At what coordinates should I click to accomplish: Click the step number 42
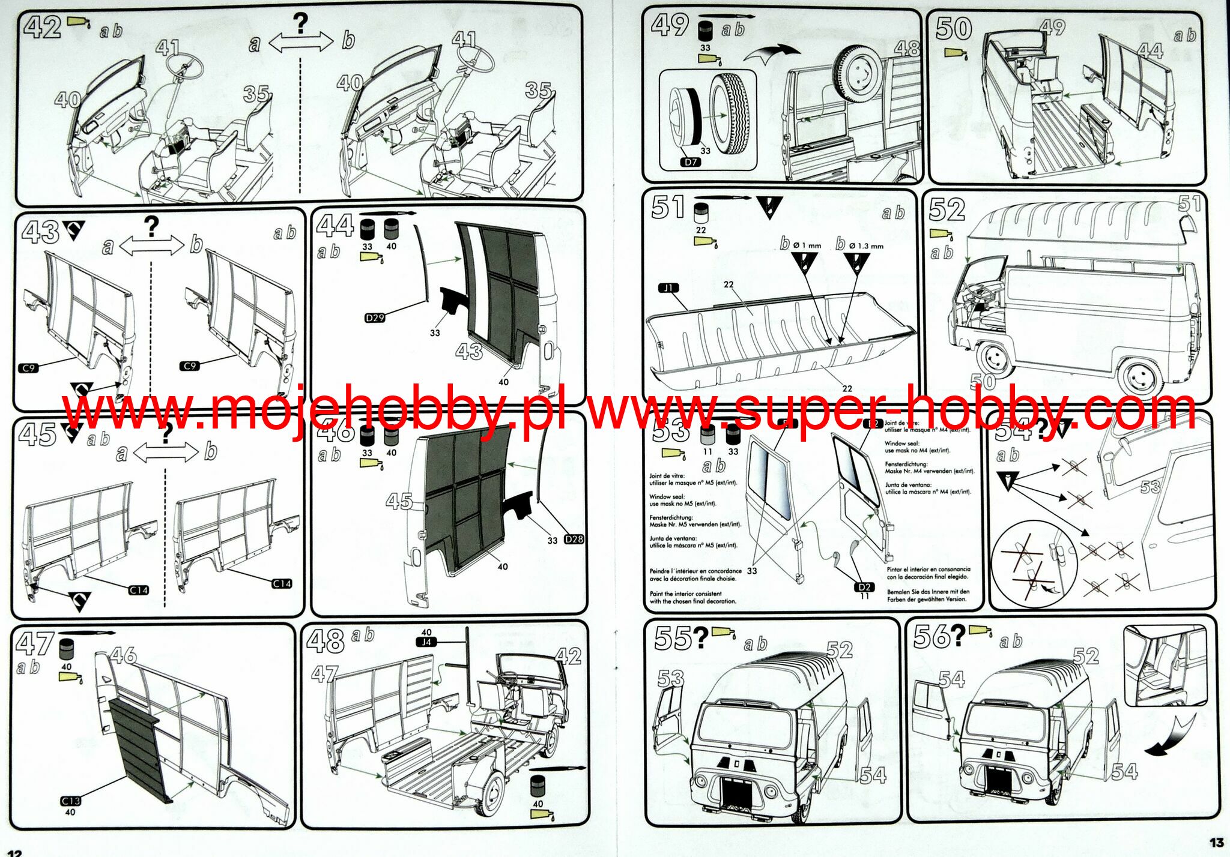(x=41, y=28)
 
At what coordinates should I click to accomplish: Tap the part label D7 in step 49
(x=690, y=162)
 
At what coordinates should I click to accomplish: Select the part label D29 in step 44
(x=375, y=317)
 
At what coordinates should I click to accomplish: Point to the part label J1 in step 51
(x=668, y=288)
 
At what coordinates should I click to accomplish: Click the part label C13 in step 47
(x=70, y=801)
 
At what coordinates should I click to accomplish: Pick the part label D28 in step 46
(x=574, y=539)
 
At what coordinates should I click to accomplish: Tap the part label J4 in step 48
(x=426, y=642)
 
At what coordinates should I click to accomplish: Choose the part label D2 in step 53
(x=864, y=586)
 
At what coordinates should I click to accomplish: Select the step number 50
(x=953, y=28)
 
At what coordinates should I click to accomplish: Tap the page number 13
(x=1216, y=843)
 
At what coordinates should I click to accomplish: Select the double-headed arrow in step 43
(x=151, y=245)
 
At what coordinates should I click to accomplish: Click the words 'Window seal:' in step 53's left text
(x=666, y=497)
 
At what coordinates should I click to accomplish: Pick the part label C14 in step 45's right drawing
(x=282, y=583)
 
